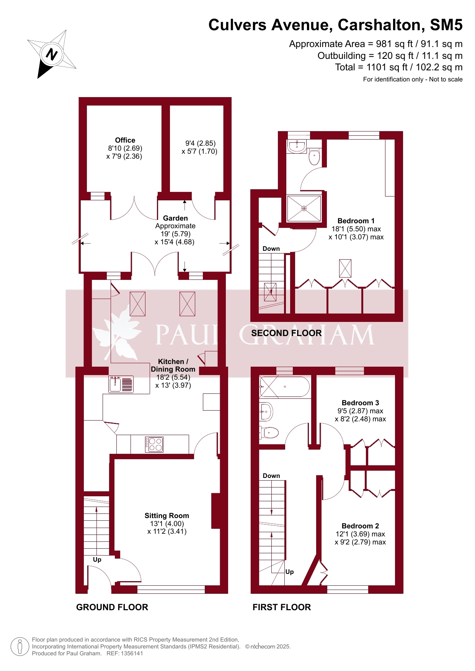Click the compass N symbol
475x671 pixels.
tap(52, 54)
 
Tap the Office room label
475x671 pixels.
tap(125, 140)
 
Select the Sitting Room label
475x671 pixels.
tap(166, 516)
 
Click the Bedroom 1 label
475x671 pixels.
tap(356, 221)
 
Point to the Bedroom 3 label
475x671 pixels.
tap(360, 403)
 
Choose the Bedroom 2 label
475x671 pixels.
tap(360, 526)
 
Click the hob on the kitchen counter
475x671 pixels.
tap(155, 444)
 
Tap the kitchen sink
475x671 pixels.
tap(121, 384)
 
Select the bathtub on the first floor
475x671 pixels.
tap(285, 387)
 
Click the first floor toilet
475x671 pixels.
tap(269, 433)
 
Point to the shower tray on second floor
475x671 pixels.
tap(304, 208)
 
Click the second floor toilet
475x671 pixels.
tap(314, 156)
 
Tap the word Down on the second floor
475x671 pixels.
tap(271, 249)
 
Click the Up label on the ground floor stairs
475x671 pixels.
tap(97, 560)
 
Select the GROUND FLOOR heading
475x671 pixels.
tap(112, 607)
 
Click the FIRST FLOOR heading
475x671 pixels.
tap(282, 607)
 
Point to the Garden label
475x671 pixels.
tap(175, 218)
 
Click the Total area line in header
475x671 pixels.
tap(399, 67)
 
